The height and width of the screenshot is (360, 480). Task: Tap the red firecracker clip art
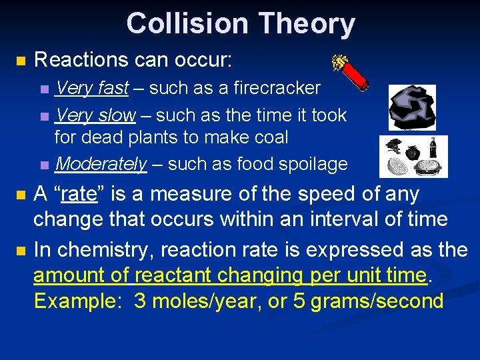353,75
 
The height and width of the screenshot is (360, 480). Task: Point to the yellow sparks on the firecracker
339,61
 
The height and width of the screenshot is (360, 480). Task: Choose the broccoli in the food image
393,147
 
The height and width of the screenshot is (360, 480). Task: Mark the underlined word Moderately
101,164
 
